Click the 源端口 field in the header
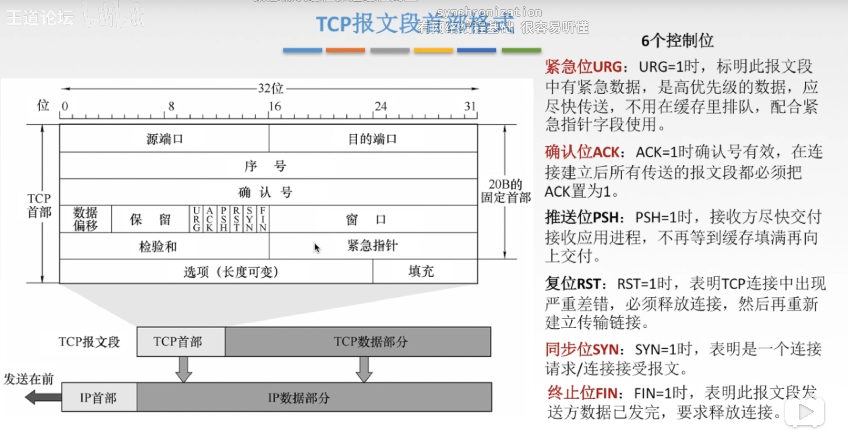164,139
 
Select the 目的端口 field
373,139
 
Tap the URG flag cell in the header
196,219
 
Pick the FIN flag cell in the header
263,219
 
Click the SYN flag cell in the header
250,219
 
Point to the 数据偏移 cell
85,219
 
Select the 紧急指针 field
373,246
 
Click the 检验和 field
158,247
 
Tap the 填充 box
421,271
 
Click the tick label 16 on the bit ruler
275,107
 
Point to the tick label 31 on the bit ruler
470,107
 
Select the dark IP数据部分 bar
314,398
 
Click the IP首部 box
99,398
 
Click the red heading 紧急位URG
583,67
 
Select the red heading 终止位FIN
583,393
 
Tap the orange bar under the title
345,50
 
